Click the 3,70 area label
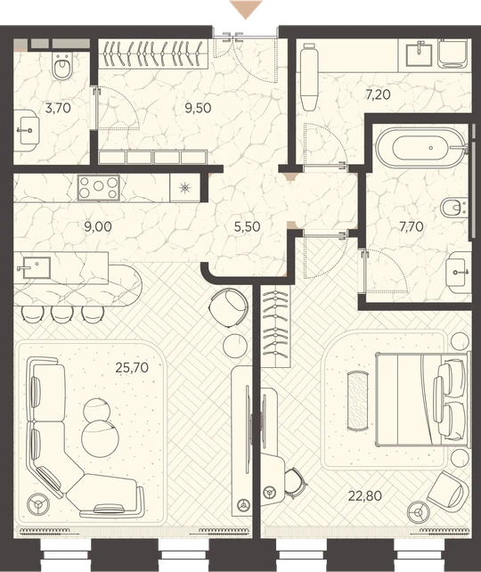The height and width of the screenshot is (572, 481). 58,109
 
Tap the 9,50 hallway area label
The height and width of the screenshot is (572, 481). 198,109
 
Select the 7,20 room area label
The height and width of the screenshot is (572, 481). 378,94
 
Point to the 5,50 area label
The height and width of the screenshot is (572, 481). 248,227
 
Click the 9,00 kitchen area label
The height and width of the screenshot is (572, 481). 98,227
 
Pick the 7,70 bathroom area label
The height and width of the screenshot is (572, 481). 412,227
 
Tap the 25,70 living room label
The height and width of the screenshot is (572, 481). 132,367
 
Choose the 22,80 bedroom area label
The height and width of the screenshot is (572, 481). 365,495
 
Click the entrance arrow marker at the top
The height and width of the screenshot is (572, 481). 246,10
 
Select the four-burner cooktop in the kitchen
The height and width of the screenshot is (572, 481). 99,188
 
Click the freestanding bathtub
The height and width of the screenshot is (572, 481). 421,148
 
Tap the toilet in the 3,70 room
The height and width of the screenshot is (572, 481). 62,66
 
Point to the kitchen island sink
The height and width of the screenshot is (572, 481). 36,267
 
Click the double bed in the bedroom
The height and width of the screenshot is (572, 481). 422,399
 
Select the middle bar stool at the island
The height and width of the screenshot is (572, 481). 62,315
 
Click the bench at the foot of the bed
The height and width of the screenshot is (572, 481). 358,401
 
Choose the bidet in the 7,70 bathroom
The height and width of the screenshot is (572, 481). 452,208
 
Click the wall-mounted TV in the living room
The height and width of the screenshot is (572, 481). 249,415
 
